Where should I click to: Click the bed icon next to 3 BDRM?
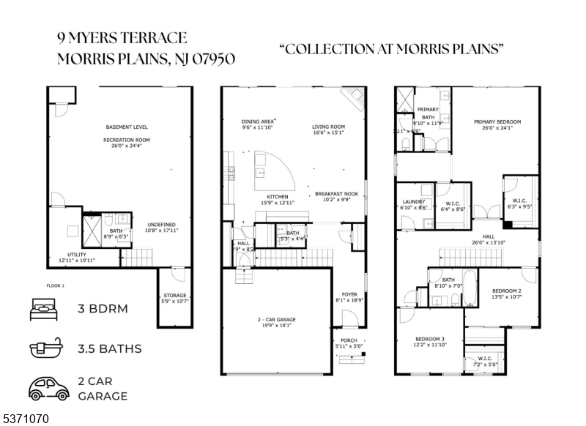pos(44,308)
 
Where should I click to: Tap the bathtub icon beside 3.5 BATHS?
pos(44,348)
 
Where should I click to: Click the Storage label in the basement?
pos(175,295)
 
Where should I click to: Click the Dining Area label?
pos(258,122)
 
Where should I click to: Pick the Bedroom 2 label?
pos(506,291)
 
